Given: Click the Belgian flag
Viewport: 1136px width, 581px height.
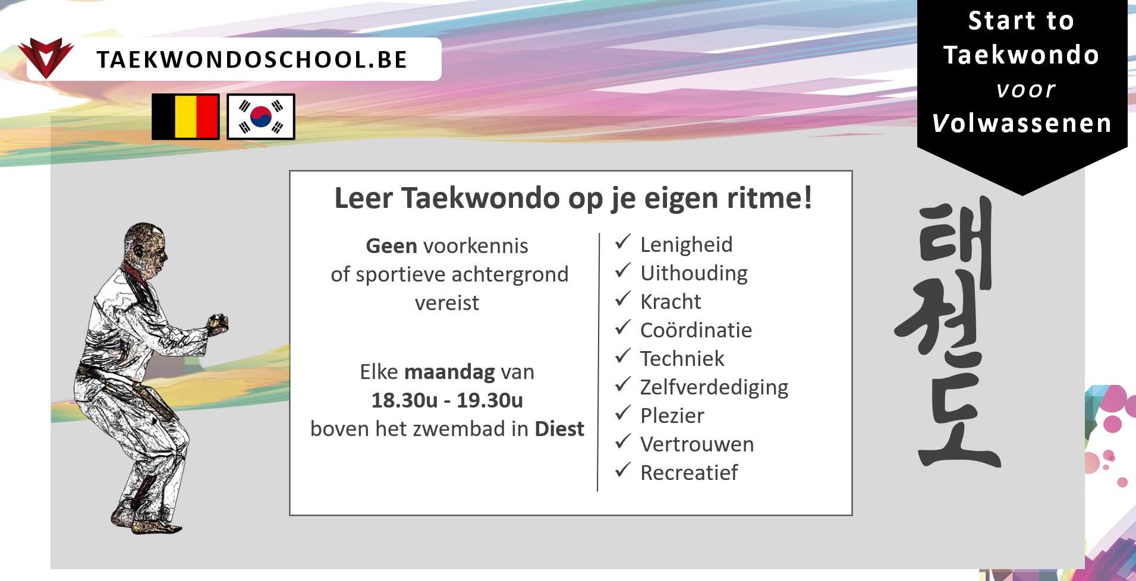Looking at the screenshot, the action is (x=185, y=116).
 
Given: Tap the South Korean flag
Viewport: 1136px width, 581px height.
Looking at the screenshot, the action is (x=261, y=116).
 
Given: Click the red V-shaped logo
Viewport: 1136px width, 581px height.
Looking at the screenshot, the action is (x=46, y=58).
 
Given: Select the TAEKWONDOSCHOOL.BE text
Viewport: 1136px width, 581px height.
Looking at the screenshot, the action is (x=252, y=59).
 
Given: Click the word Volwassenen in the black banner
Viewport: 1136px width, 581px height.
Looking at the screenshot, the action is (x=1022, y=123).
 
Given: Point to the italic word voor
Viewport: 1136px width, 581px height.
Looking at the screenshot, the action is (x=1026, y=90).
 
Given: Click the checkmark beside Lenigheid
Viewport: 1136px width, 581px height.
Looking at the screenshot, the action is (x=622, y=242).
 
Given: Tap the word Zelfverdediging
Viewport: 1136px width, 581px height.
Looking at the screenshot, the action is (x=714, y=387).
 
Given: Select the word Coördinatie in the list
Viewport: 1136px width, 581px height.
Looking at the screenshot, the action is (x=696, y=330).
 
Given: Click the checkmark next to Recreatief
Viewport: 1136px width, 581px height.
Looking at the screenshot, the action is (x=622, y=470).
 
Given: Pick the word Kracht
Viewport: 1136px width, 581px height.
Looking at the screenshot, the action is (x=671, y=302).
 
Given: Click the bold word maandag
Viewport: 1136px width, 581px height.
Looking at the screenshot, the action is (x=449, y=372).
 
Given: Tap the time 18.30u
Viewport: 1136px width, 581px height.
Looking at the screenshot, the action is (x=405, y=400).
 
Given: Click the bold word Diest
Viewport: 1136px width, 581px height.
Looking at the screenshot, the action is (x=559, y=429).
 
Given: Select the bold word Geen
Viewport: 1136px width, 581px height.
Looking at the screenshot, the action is (x=392, y=246).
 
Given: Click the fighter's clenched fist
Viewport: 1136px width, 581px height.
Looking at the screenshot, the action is (x=218, y=323).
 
